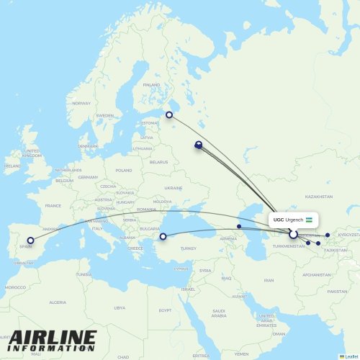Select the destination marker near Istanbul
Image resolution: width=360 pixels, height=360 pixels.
pyautogui.click(x=163, y=236)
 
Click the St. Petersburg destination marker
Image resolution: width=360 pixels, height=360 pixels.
pyautogui.click(x=169, y=114)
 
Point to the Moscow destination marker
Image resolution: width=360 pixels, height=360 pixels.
pyautogui.click(x=198, y=145)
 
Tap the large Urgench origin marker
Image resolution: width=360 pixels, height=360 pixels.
pyautogui.click(x=293, y=234)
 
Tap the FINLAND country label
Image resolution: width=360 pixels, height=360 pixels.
pyautogui.click(x=151, y=85)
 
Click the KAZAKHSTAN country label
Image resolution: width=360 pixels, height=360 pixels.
pyautogui.click(x=318, y=197)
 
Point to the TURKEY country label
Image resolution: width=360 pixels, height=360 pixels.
pyautogui.click(x=189, y=248)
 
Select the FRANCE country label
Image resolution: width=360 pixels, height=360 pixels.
pyautogui.click(x=53, y=205)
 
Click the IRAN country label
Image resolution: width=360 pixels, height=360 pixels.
pyautogui.click(x=269, y=280)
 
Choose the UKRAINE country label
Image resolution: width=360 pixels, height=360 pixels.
pyautogui.click(x=174, y=188)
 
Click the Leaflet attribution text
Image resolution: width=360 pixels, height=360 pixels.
pyautogui.click(x=350, y=356)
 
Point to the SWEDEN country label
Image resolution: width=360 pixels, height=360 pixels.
pyautogui.click(x=105, y=115)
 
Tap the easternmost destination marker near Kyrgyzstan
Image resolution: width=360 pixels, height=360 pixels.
pyautogui.click(x=328, y=235)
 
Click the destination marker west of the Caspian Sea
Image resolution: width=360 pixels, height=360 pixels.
pyautogui.click(x=239, y=226)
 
